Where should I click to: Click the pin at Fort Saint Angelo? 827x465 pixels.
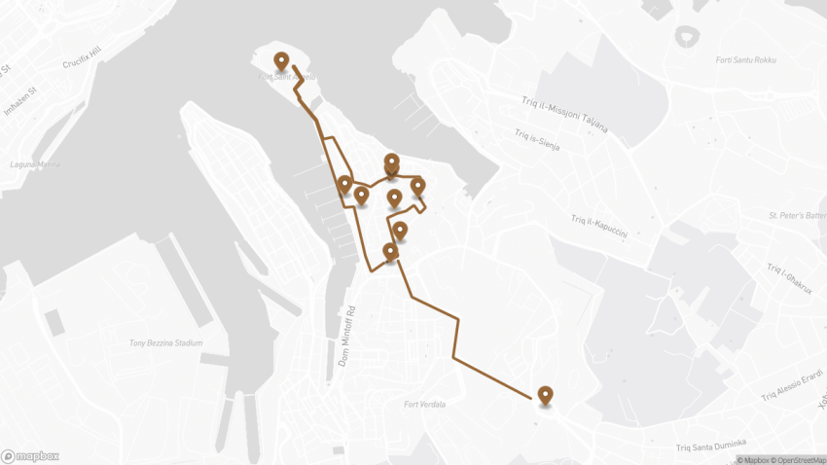(281, 61)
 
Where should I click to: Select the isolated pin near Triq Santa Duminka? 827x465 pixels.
(545, 395)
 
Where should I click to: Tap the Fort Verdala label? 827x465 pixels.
(424, 405)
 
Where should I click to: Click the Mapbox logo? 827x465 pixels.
(30, 455)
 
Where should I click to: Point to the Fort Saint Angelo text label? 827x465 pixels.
(288, 78)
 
